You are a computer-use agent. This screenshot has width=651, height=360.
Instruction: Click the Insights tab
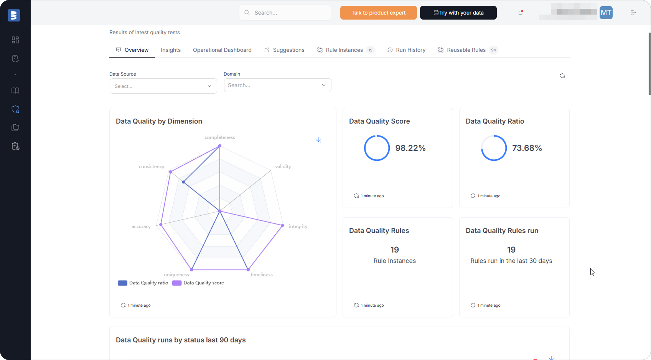click(171, 50)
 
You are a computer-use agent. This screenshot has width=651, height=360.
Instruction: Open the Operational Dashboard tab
click(222, 50)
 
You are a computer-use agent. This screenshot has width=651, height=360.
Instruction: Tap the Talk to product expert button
click(378, 13)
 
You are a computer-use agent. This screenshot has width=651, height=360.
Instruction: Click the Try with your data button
click(458, 13)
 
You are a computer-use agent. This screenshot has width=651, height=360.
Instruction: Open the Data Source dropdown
click(163, 86)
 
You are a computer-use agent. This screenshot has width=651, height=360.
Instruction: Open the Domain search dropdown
click(277, 85)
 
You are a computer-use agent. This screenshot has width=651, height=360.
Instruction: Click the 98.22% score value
click(410, 148)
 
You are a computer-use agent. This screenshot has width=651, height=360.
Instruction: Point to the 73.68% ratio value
click(527, 148)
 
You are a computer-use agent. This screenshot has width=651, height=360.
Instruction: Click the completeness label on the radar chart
click(220, 137)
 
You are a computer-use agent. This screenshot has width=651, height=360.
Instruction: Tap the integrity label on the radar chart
click(298, 226)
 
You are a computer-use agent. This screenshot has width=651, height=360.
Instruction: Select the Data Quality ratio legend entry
click(143, 283)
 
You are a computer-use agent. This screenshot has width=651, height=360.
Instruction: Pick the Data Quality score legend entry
click(198, 283)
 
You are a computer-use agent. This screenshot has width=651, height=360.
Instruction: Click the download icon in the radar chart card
click(318, 140)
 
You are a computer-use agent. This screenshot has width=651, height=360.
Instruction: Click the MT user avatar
click(606, 13)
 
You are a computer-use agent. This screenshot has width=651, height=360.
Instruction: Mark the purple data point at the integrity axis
click(283, 225)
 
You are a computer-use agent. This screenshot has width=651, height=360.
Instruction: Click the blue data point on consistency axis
click(184, 182)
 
